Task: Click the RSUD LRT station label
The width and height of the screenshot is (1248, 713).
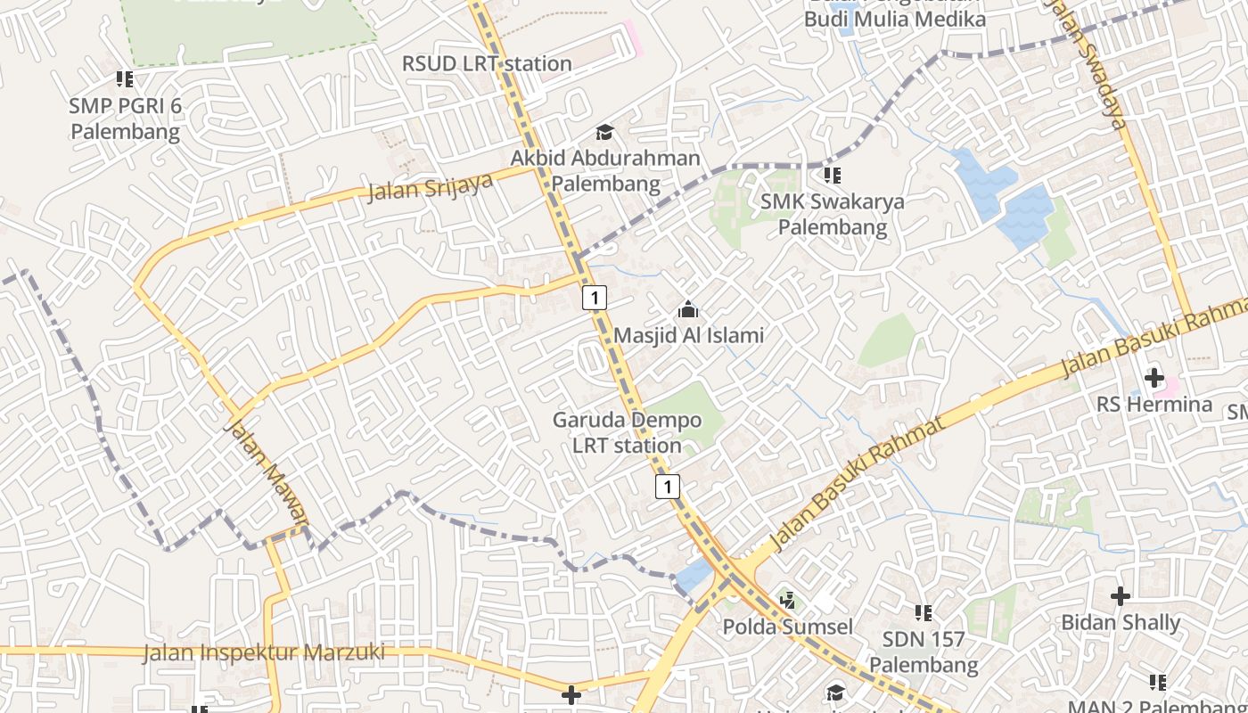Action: (487, 63)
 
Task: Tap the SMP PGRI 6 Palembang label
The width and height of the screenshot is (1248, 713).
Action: (126, 119)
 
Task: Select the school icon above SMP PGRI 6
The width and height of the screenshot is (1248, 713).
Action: (125, 79)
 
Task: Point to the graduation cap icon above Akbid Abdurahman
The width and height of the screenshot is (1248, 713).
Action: (605, 133)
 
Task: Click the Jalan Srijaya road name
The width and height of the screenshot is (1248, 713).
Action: (431, 186)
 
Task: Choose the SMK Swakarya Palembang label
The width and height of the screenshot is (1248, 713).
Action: (833, 214)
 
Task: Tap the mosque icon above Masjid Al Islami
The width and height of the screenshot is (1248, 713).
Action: (688, 310)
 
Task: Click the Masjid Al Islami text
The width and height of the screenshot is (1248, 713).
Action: (688, 336)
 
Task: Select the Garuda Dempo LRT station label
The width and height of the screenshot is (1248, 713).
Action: (627, 432)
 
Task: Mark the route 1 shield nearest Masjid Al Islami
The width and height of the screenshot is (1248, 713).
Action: (595, 297)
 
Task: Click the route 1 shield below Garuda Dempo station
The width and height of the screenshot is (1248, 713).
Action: (668, 486)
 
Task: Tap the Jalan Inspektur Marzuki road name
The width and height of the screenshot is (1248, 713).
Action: (264, 653)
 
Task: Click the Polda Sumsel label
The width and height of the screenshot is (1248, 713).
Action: (787, 627)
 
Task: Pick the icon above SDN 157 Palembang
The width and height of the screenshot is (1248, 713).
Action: (924, 612)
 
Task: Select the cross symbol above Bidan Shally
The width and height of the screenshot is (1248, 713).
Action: (1121, 595)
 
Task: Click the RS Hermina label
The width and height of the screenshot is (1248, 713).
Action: (1154, 405)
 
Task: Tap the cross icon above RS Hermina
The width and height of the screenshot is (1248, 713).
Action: (1154, 377)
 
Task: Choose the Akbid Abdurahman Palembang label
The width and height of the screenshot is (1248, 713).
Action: (605, 171)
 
